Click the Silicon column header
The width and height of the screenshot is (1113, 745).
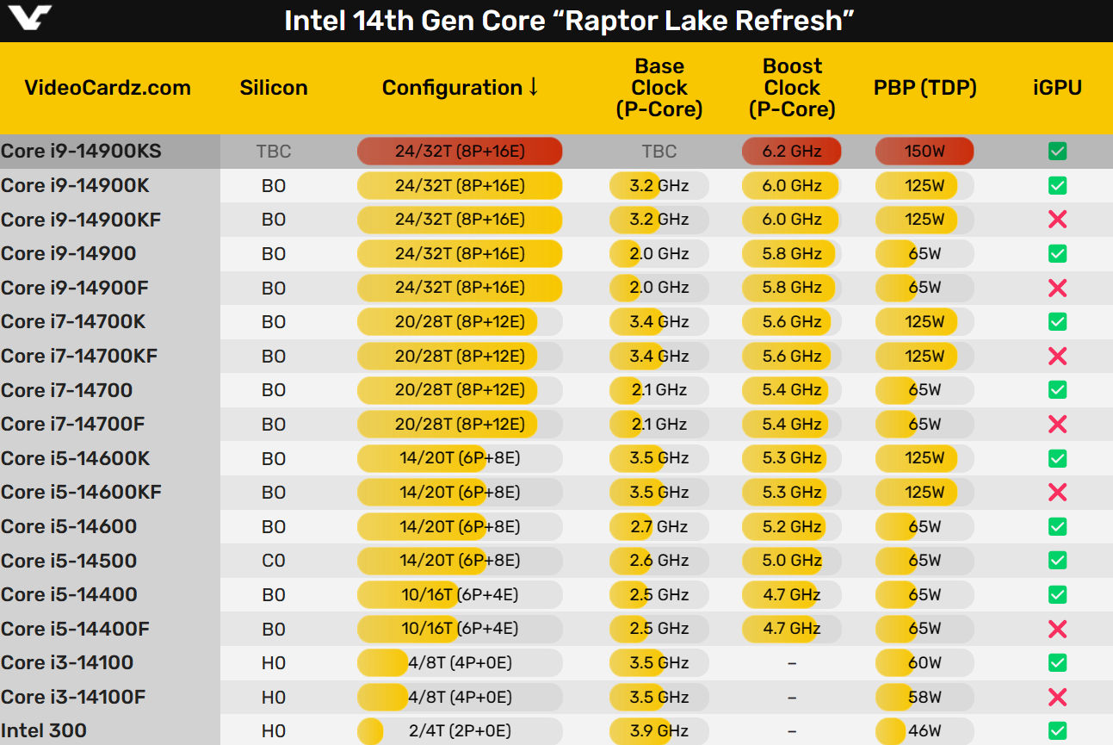click(273, 88)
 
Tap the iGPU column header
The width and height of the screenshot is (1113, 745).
click(1057, 88)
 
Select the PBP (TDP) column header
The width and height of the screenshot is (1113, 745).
click(924, 88)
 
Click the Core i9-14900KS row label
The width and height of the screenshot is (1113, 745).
click(81, 152)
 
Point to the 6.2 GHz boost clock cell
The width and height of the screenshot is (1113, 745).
click(791, 152)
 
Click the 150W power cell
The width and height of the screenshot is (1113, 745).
click(924, 152)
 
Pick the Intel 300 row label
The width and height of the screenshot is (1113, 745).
click(44, 731)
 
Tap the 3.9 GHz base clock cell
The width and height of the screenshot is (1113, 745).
click(659, 731)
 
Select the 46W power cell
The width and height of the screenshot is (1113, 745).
click(924, 731)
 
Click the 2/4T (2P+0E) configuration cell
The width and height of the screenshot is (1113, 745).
click(460, 731)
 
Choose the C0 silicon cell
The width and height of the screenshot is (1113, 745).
click(273, 561)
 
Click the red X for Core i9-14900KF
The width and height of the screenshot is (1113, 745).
click(1058, 220)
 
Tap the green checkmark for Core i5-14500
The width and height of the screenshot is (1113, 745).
click(1058, 561)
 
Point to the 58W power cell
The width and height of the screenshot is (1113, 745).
click(924, 697)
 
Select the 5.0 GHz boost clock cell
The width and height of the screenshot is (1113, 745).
click(791, 561)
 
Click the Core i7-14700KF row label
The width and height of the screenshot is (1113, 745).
click(79, 356)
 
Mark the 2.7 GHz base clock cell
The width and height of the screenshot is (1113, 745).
click(659, 526)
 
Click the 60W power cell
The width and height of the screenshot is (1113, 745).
click(924, 663)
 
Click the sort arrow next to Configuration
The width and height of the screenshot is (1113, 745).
click(534, 87)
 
